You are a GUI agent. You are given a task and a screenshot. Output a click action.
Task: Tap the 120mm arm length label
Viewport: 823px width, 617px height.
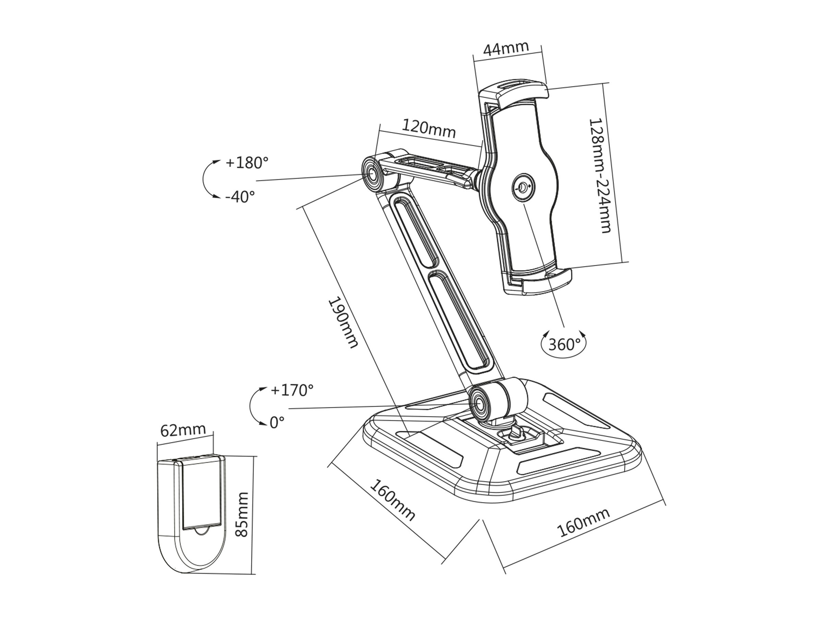pyautogui.click(x=429, y=128)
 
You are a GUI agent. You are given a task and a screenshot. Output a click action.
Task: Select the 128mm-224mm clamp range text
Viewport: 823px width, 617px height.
pyautogui.click(x=600, y=176)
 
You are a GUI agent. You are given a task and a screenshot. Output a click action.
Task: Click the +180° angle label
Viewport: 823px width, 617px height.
pyautogui.click(x=247, y=162)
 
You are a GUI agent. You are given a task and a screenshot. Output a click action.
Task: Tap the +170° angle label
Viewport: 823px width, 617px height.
pyautogui.click(x=292, y=390)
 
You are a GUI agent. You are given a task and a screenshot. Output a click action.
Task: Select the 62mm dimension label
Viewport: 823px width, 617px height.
pyautogui.click(x=183, y=430)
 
